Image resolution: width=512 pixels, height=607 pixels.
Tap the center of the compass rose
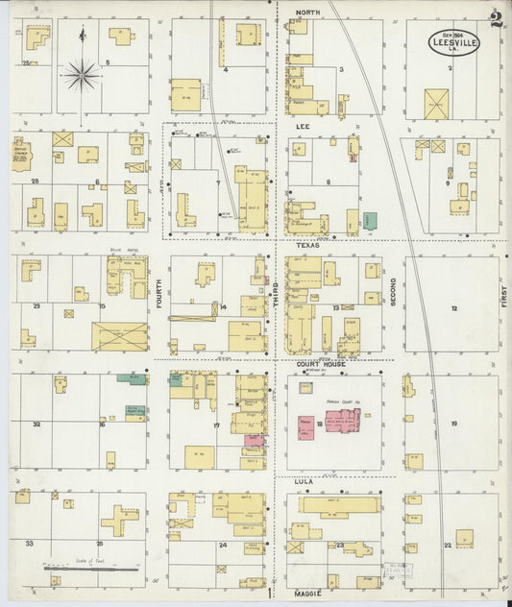click(x=82, y=74)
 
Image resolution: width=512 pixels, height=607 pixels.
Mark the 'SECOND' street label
click(x=393, y=287)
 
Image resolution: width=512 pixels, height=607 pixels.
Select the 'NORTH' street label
click(x=307, y=12)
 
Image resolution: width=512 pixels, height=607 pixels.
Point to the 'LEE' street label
click(x=302, y=126)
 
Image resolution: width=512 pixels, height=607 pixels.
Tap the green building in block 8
click(x=370, y=220)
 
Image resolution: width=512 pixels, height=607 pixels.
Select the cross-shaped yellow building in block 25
click(x=119, y=520)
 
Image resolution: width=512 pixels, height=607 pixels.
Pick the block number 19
click(x=453, y=424)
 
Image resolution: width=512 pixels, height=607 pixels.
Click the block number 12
click(x=453, y=309)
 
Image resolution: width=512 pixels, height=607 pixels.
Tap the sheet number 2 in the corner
click(x=494, y=19)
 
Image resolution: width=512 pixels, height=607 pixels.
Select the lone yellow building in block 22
click(x=464, y=538)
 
